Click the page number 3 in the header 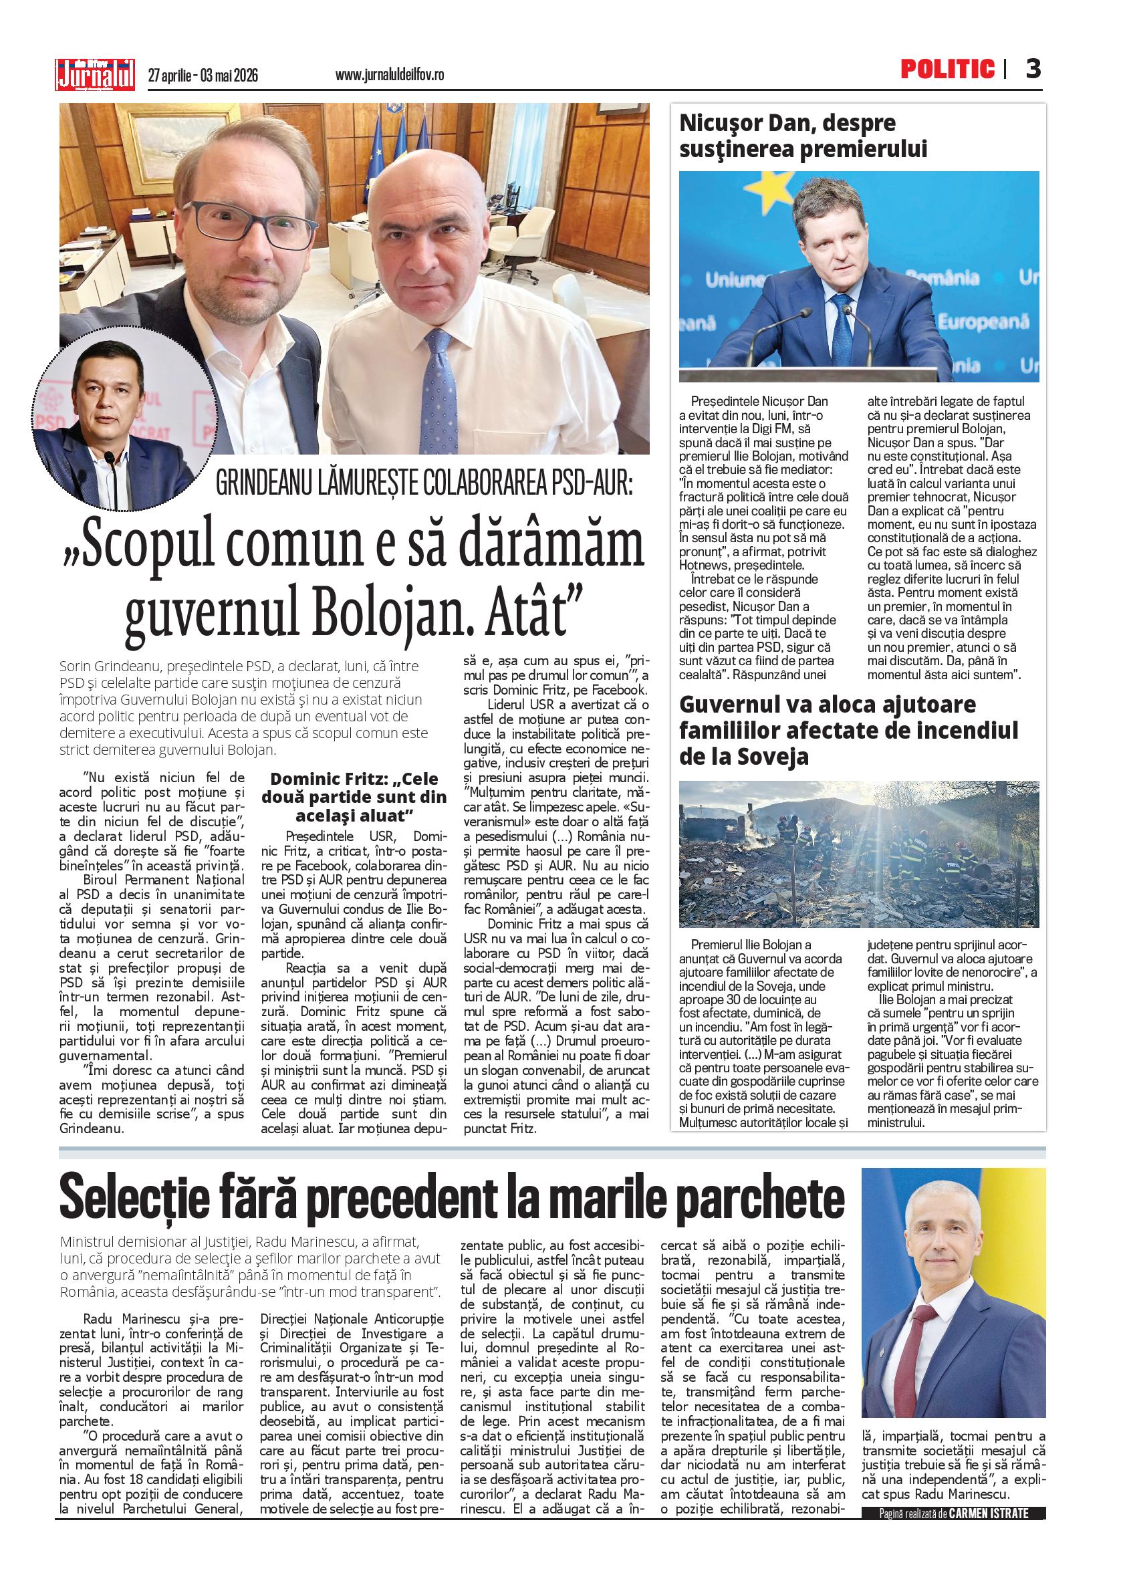tap(1033, 70)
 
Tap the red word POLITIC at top tap(947, 70)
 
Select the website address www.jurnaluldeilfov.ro tap(389, 76)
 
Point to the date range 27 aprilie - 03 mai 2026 tap(203, 76)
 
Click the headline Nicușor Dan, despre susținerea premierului tap(803, 136)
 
